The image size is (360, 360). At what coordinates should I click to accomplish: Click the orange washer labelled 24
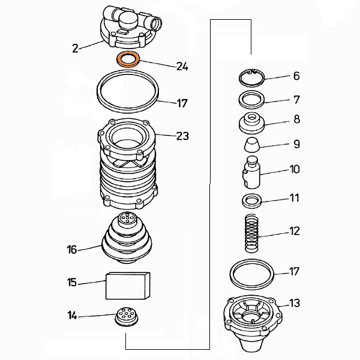click(127, 59)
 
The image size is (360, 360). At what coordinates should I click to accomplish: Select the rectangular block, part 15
click(128, 285)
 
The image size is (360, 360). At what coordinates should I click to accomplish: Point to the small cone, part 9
click(251, 145)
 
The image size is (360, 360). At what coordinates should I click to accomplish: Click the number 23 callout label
click(182, 136)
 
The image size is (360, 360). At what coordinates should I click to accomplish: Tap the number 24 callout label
click(182, 67)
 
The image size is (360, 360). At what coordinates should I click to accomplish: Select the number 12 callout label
click(295, 231)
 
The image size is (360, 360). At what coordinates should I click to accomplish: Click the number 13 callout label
click(295, 303)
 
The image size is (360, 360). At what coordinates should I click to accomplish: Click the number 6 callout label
click(296, 76)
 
